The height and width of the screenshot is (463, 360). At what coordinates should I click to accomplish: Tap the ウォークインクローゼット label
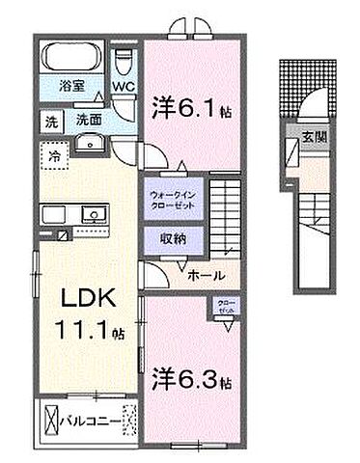[174, 198]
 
